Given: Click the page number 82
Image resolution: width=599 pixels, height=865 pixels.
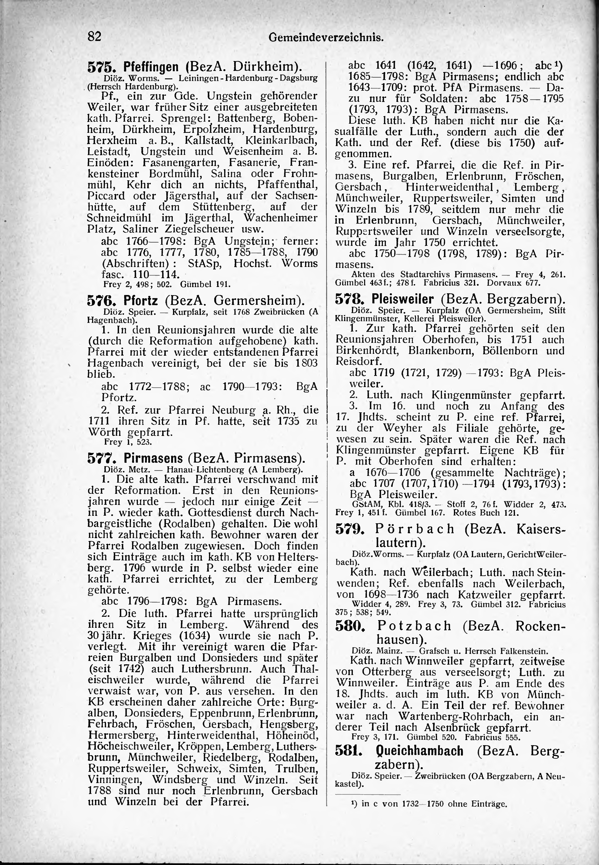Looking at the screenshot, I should [95, 36].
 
